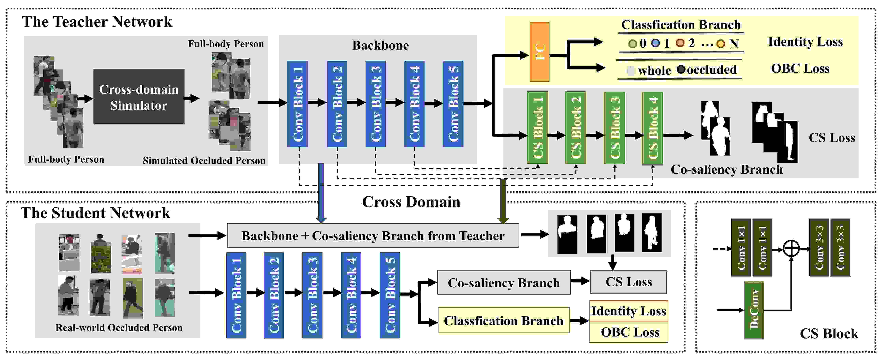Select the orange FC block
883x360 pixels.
[540, 52]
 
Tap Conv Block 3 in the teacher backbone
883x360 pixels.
[376, 104]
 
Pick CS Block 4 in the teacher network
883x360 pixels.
[653, 127]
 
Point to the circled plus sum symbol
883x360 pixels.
[791, 248]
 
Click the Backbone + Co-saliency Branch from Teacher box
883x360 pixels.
[373, 235]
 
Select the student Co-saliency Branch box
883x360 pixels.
[504, 282]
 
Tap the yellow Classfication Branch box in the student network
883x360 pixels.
[504, 320]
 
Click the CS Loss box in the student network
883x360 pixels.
[628, 282]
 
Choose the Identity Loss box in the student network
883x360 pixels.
[629, 311]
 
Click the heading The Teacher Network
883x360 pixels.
[97, 22]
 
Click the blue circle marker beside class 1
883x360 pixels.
[655, 43]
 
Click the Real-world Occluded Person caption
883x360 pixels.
[119, 327]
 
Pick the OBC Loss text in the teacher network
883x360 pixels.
[800, 68]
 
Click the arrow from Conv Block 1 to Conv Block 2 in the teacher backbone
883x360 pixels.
[317, 102]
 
